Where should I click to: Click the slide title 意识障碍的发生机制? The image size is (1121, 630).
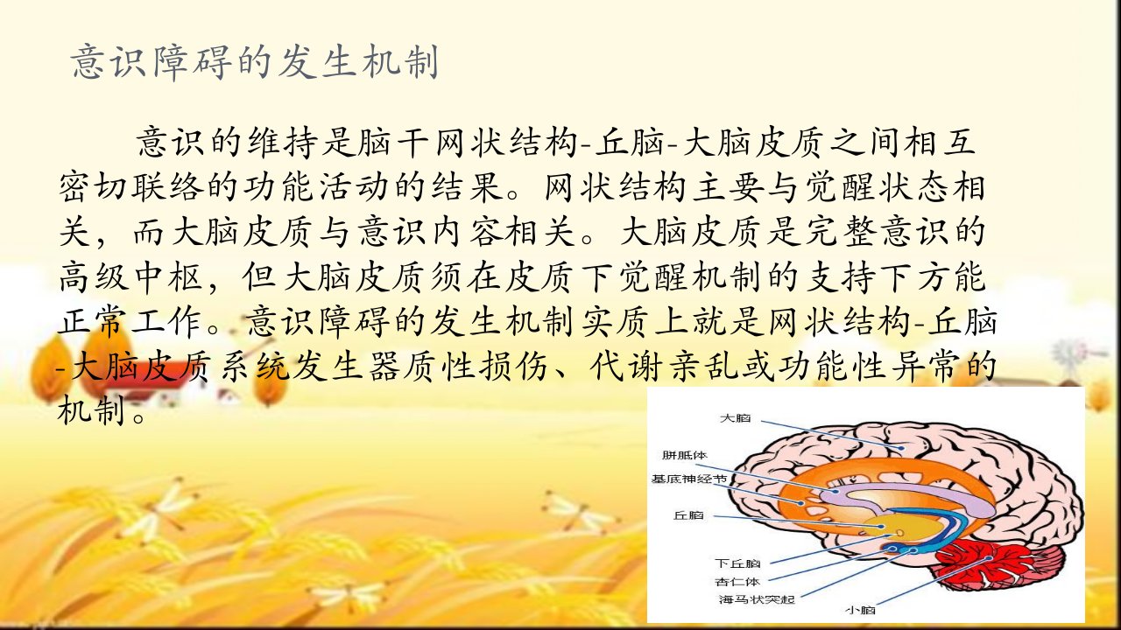pos(255,62)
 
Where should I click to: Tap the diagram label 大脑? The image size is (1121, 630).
pos(735,418)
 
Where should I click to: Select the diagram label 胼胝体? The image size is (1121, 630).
pos(684,455)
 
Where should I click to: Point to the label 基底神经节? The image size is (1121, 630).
pos(688,479)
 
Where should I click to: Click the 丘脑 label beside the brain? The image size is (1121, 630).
pos(688,515)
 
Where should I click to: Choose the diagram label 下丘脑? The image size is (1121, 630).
pos(737,563)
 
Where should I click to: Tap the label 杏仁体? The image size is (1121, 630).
pos(737,582)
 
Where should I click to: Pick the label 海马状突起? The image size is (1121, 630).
pos(757,599)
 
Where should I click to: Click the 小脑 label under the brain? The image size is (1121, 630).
pos(860,610)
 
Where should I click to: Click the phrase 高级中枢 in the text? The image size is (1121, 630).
pos(131,277)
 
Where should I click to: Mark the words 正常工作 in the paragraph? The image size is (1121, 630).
pos(131,321)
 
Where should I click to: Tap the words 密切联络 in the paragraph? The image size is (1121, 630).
pos(131,187)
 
